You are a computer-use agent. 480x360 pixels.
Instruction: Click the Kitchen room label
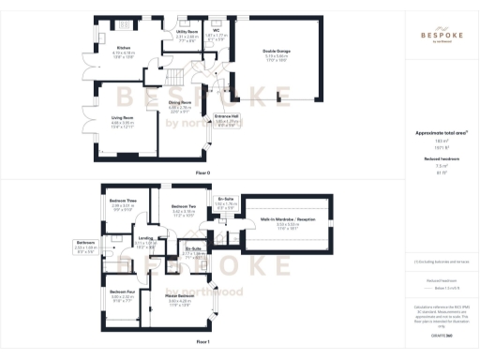(122, 47)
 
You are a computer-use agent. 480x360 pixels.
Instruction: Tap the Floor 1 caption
(202, 343)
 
